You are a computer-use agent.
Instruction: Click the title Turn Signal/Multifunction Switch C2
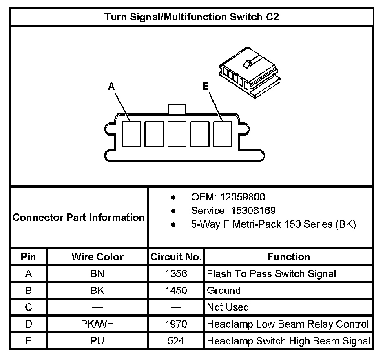192,17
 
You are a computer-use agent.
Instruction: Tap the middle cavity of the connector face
177,134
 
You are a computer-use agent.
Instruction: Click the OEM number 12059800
242,197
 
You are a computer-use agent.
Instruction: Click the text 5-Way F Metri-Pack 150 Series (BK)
273,224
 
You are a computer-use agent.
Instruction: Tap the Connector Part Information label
79,217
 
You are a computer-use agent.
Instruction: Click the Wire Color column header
97,257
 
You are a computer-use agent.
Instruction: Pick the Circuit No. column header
176,257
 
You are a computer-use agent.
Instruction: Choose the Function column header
288,257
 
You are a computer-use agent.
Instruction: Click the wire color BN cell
97,273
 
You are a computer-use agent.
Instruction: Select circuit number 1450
176,290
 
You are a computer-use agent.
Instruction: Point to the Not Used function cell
228,307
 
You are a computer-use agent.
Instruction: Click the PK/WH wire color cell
97,324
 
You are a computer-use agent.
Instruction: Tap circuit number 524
176,341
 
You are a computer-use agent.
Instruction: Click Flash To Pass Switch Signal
271,273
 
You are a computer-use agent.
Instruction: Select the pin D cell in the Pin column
29,324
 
